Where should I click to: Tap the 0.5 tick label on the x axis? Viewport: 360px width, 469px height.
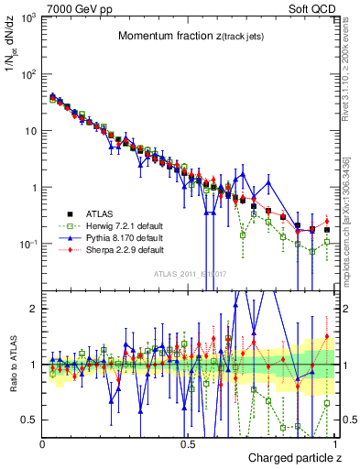point(187,442)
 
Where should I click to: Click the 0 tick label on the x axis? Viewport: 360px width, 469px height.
point(42,442)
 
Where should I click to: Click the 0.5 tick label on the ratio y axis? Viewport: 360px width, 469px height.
point(30,420)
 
